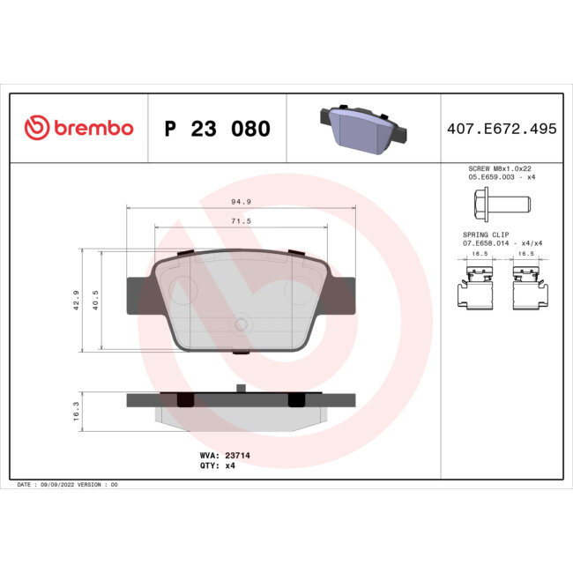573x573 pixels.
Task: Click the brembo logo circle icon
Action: pos(35,128)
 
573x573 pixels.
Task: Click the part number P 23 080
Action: pos(217,129)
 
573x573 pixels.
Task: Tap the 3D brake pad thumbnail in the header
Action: pos(361,128)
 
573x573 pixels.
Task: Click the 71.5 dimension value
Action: pos(242,221)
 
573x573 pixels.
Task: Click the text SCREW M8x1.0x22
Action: pos(501,167)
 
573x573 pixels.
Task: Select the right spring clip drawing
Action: pos(527,288)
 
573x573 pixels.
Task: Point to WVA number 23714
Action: pos(219,455)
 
